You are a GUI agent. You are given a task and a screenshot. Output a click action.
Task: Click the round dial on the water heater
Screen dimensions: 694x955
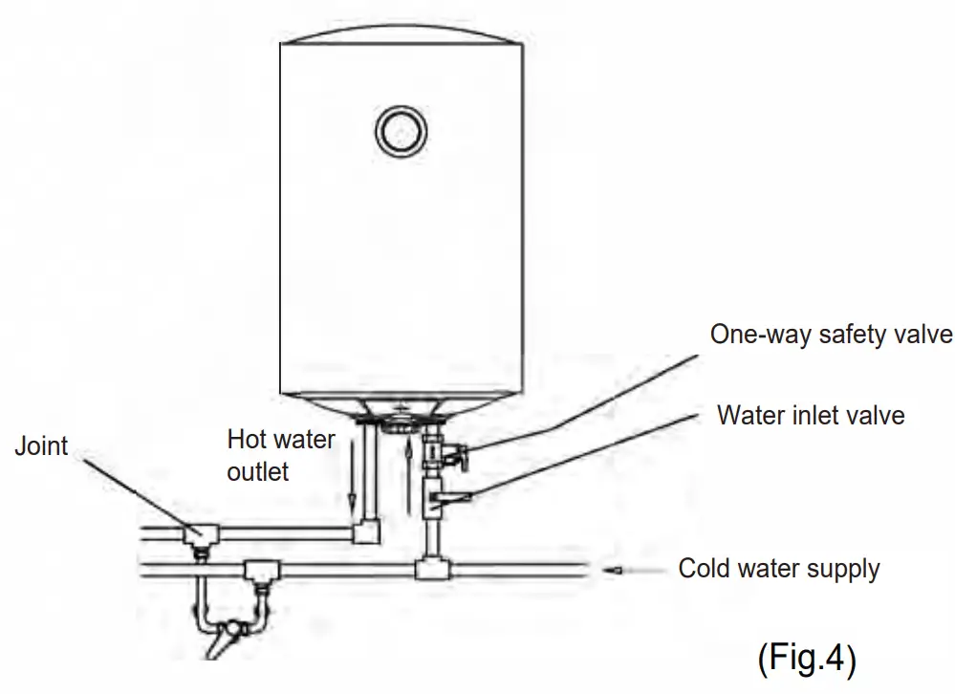pyautogui.click(x=400, y=131)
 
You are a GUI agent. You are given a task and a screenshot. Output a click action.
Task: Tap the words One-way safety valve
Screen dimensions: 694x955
pyautogui.click(x=832, y=335)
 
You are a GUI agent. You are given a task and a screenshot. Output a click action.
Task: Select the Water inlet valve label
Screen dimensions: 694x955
pyautogui.click(x=811, y=415)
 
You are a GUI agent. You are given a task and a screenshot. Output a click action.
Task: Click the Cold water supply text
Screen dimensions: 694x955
pyautogui.click(x=778, y=569)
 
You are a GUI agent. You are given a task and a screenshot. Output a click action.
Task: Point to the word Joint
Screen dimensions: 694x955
pyautogui.click(x=41, y=446)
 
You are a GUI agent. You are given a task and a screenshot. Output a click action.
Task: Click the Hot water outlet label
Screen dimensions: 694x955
pyautogui.click(x=280, y=455)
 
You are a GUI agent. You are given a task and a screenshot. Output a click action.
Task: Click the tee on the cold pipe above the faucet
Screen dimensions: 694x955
pyautogui.click(x=258, y=573)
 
